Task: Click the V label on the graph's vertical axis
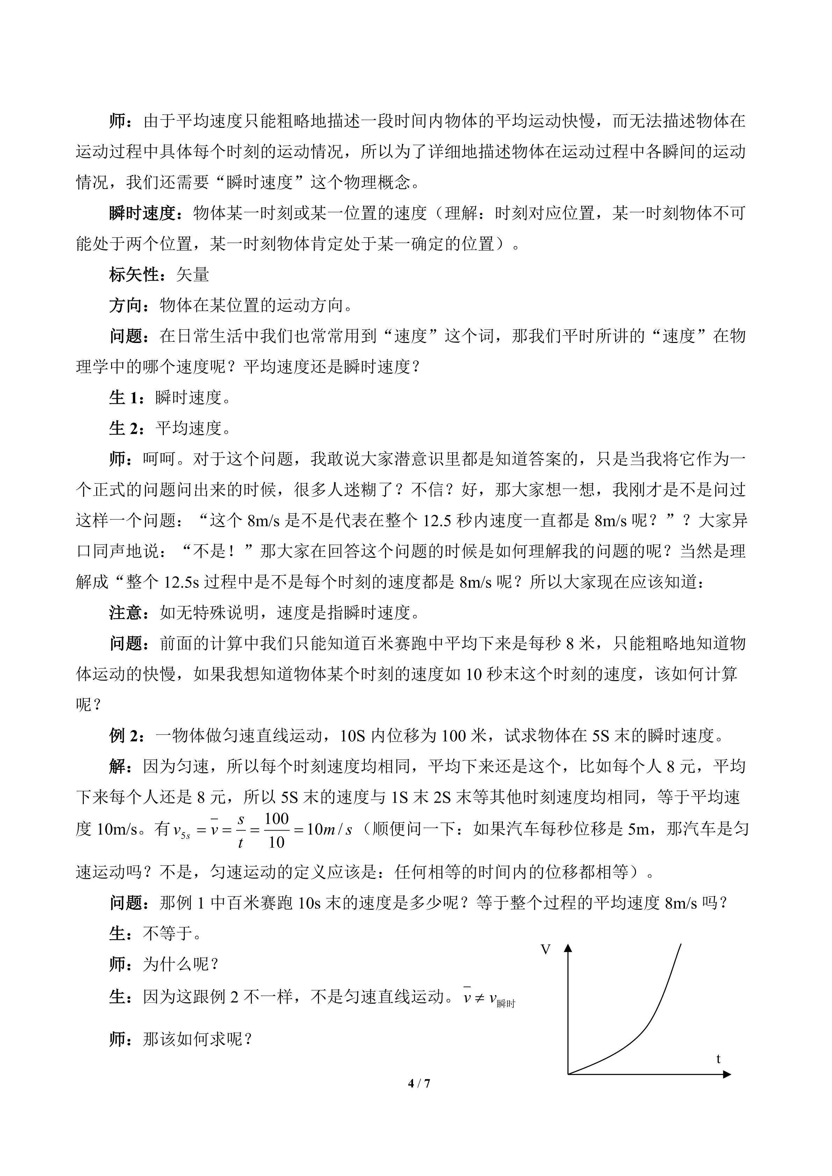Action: (x=545, y=950)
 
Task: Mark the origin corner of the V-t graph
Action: (x=568, y=1074)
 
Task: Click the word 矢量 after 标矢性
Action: (x=193, y=275)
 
